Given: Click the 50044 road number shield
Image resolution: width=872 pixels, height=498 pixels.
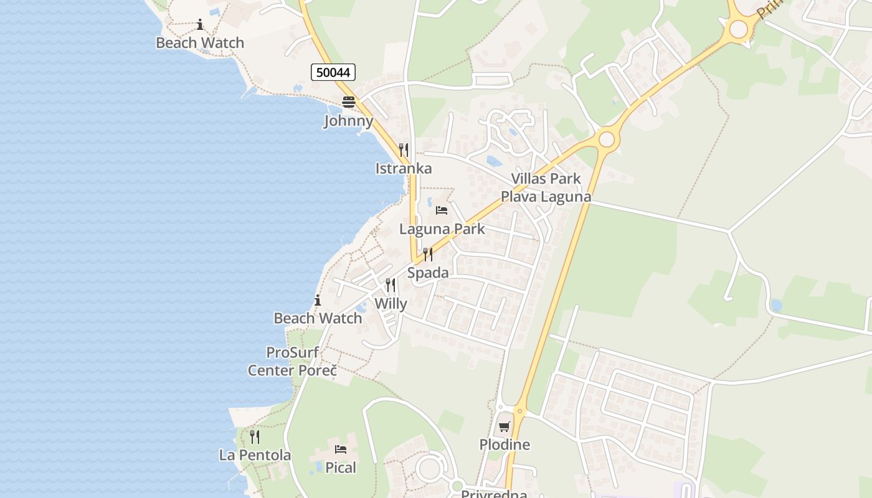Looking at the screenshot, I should point(333,72).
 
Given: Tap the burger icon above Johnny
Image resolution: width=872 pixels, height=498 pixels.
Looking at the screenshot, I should point(348,102).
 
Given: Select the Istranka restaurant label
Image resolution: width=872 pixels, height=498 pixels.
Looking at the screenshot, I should point(403,168).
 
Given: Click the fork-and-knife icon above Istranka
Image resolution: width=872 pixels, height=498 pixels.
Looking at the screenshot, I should point(403,149).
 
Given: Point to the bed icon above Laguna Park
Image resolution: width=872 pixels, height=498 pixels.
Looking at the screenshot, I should point(442,210).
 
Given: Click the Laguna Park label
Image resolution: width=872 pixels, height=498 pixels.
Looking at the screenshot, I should point(442,228).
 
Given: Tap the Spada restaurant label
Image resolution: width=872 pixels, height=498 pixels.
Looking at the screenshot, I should point(428,272).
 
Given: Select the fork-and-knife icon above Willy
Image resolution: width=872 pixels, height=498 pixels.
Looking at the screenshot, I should point(391,285).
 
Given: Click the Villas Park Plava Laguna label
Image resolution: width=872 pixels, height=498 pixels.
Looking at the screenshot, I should point(546,187).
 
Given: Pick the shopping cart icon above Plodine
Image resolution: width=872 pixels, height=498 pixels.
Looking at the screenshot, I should point(504,426).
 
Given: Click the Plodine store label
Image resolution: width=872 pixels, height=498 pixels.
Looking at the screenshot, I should point(505,444).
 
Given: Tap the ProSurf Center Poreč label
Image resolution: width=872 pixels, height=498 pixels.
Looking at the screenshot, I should point(292,361).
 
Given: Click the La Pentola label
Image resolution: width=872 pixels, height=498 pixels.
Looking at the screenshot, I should point(255,455).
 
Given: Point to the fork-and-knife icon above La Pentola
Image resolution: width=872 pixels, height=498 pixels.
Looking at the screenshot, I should point(255,436).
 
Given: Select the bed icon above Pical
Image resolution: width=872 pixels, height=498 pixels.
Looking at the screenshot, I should point(341,449).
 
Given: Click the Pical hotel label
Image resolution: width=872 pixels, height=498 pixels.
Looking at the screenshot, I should point(341,467).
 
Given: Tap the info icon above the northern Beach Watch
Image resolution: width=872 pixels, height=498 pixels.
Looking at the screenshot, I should point(200,25).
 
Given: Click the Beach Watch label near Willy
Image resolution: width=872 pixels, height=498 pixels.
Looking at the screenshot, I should point(318,318).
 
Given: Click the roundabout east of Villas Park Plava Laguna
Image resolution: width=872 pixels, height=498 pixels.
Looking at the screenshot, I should point(607,139).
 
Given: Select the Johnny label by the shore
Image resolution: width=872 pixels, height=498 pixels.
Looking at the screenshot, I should point(348,121).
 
